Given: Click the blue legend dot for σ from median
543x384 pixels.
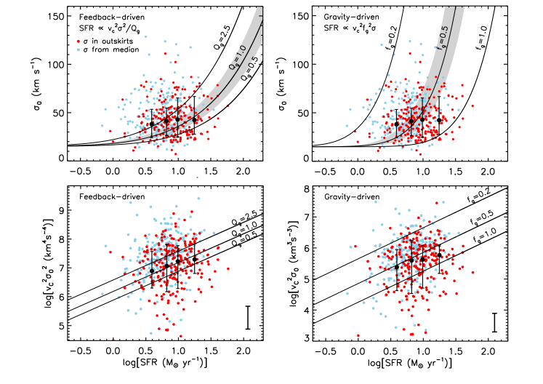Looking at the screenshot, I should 78,52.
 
